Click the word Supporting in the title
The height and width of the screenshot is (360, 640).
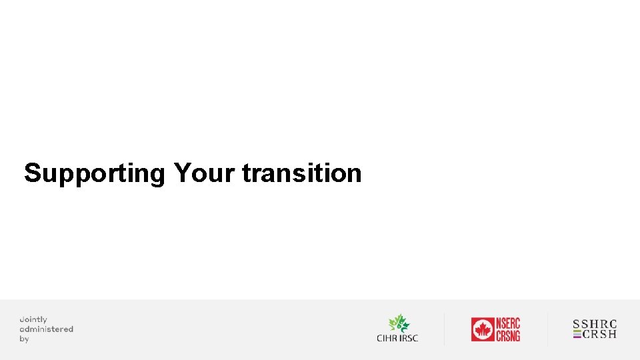[x=94, y=174]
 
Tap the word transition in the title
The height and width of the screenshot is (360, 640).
[x=302, y=173]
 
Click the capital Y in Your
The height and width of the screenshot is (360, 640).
[x=182, y=173]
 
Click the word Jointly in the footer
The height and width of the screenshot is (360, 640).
[x=33, y=320]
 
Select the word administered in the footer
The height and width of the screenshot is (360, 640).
[x=47, y=329]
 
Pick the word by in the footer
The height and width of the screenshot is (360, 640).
[x=25, y=339]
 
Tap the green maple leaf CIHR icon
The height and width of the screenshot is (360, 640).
[x=399, y=323]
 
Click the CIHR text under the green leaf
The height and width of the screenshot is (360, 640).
[x=387, y=338]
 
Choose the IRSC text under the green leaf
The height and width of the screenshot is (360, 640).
[x=409, y=338]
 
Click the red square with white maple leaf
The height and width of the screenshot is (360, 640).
[x=482, y=329]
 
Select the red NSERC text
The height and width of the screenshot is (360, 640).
[x=508, y=323]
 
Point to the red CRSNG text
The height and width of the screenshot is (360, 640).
[x=508, y=335]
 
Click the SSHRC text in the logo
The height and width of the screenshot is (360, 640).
[x=595, y=324]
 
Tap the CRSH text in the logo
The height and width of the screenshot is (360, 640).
[x=600, y=334]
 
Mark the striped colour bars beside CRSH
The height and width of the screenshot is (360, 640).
[x=577, y=334]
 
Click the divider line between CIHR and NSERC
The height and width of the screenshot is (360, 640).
[x=445, y=329]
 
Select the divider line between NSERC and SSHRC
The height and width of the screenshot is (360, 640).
[x=547, y=329]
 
